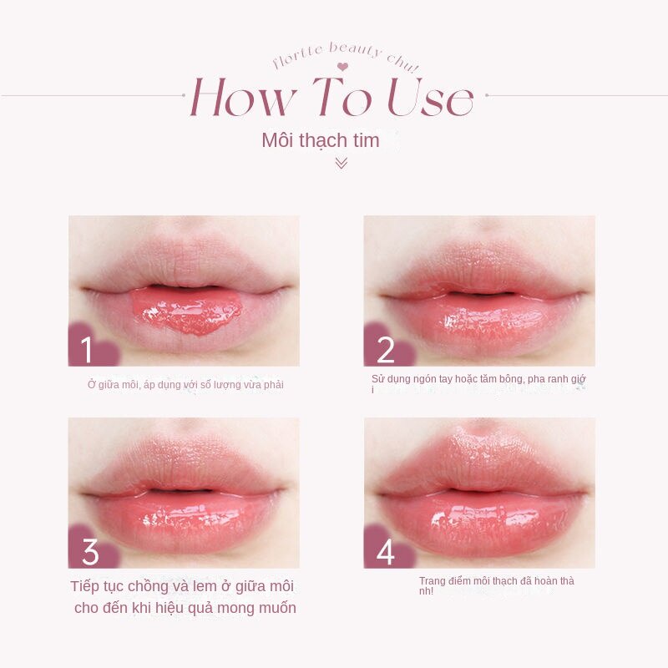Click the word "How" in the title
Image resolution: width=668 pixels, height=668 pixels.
coord(242,99)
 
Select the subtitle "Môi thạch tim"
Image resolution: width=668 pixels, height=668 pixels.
coord(321,140)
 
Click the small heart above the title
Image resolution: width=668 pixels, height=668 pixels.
coord(342,67)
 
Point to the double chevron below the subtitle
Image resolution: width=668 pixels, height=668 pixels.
coord(341,163)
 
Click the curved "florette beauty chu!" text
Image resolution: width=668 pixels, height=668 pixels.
coord(346,54)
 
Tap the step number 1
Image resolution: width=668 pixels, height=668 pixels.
coord(87,350)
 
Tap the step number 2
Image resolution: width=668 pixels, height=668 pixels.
coord(385,350)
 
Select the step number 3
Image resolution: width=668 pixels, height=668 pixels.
coord(89,552)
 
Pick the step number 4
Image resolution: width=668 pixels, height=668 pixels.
coord(385,552)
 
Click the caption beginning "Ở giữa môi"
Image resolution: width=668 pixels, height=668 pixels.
coord(185,384)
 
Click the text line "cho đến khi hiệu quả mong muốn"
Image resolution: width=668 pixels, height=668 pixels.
coord(185,608)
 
